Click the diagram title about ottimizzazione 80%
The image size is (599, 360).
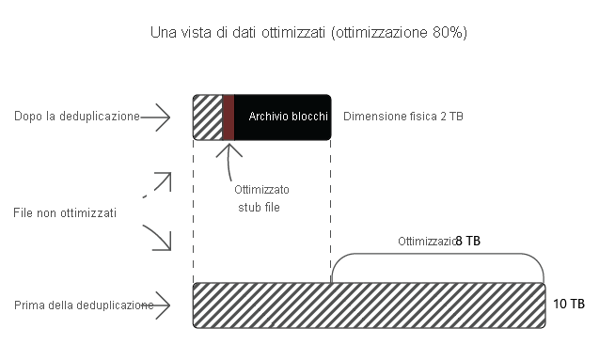click(x=309, y=32)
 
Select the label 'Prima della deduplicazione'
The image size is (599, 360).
click(x=85, y=305)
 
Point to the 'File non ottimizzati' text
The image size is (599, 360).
click(x=66, y=213)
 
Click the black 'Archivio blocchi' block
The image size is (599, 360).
click(x=282, y=117)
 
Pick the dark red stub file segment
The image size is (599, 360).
click(x=228, y=117)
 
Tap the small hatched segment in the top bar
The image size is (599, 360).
click(x=207, y=117)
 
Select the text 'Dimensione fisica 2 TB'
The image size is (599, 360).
click(x=403, y=117)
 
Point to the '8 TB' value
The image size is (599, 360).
click(x=468, y=241)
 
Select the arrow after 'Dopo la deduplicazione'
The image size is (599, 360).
click(x=157, y=117)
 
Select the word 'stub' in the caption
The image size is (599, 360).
click(x=246, y=206)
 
